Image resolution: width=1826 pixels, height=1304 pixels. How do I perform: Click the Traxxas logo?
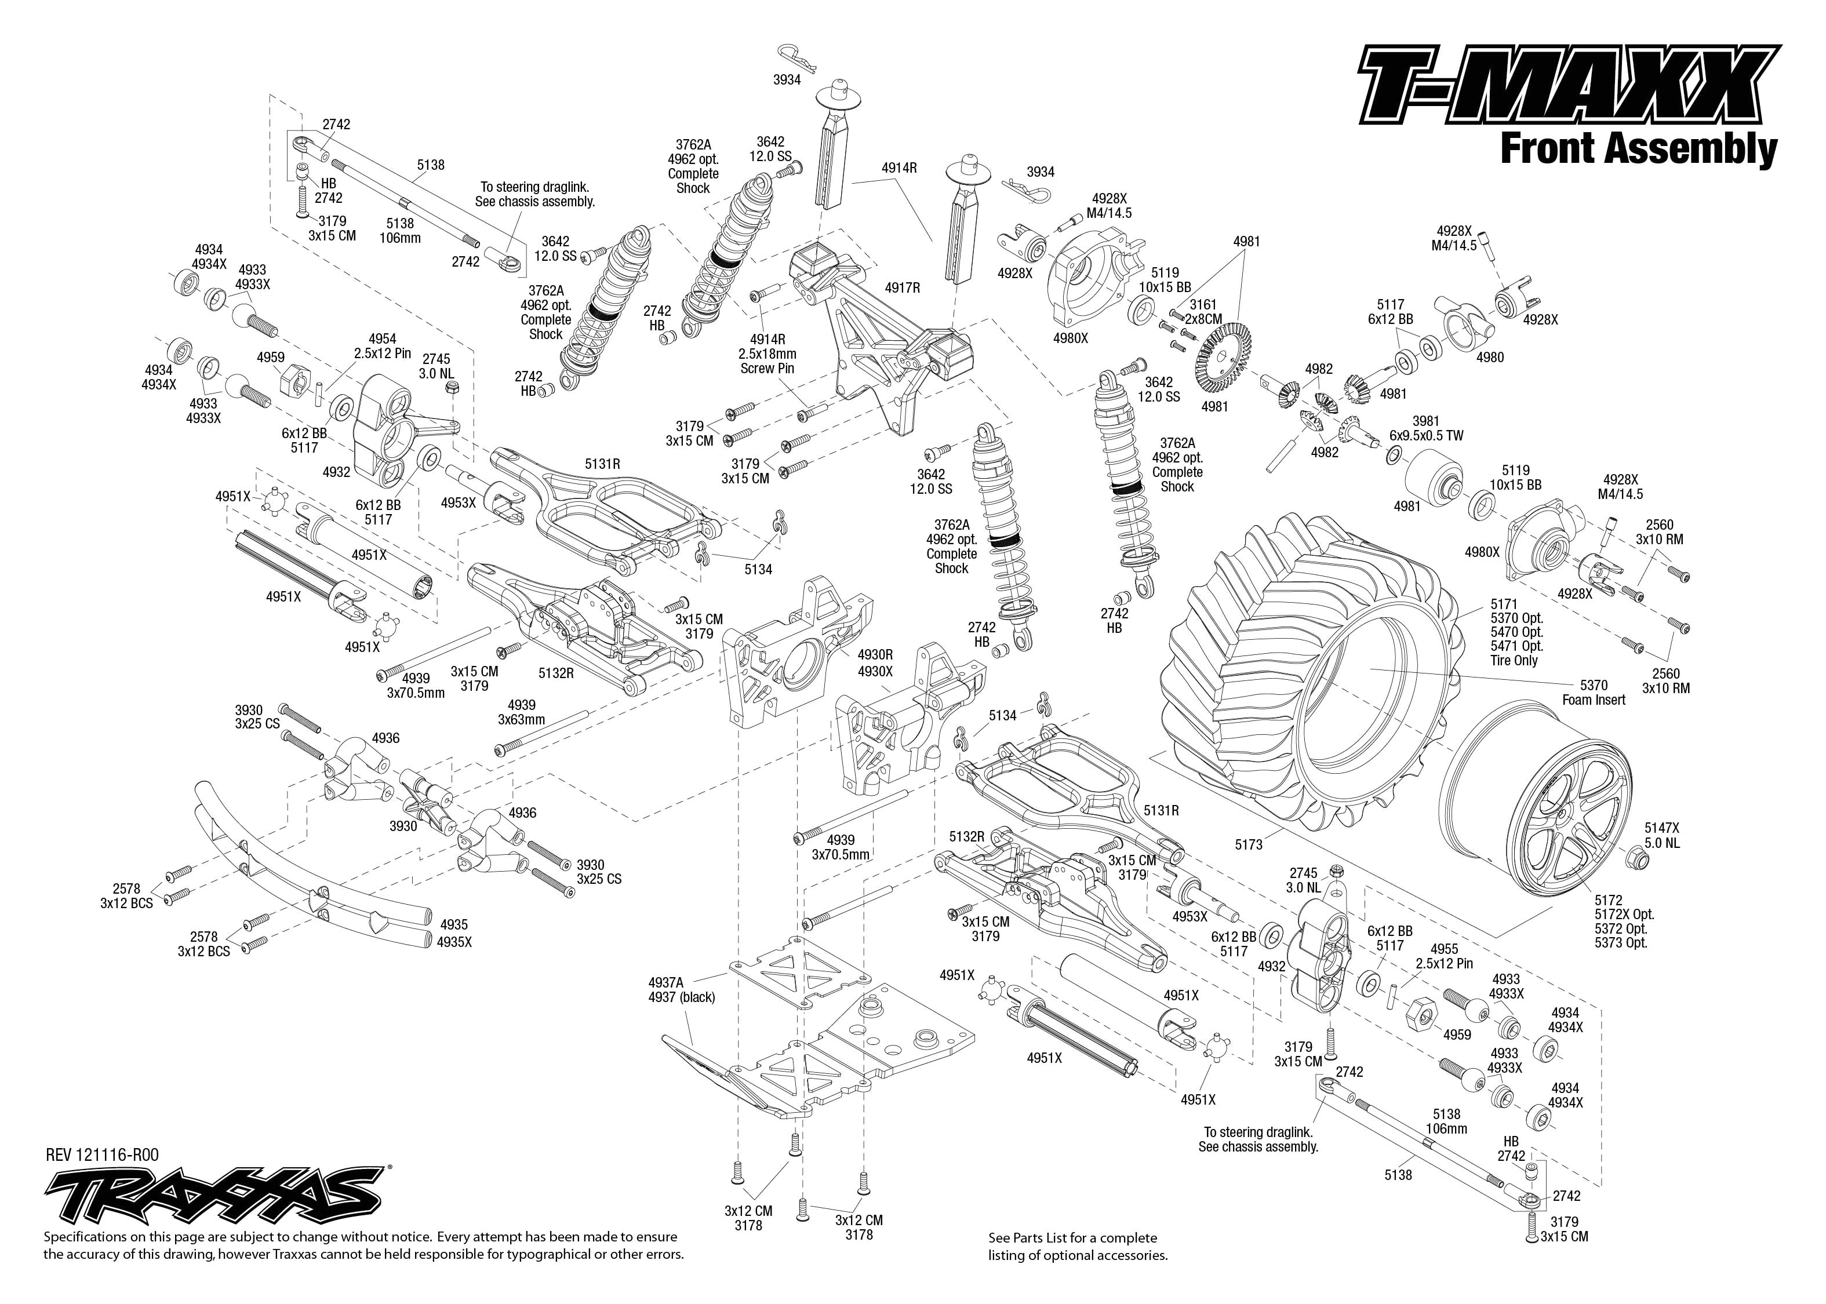click(x=213, y=1196)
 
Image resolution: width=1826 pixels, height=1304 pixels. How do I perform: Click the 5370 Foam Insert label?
click(x=1593, y=692)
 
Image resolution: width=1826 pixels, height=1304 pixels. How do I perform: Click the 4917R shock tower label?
click(x=902, y=287)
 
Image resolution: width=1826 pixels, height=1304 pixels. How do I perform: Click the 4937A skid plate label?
click(x=682, y=989)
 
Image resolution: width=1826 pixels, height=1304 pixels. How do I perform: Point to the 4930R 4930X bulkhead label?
click(x=875, y=663)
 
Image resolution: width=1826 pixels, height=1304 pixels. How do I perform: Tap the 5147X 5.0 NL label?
click(x=1661, y=835)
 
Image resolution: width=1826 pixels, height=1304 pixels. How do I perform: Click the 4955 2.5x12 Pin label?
click(x=1444, y=956)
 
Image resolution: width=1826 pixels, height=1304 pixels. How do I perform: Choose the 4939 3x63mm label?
click(x=521, y=712)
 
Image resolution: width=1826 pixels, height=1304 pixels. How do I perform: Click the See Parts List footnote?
click(x=1077, y=1246)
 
